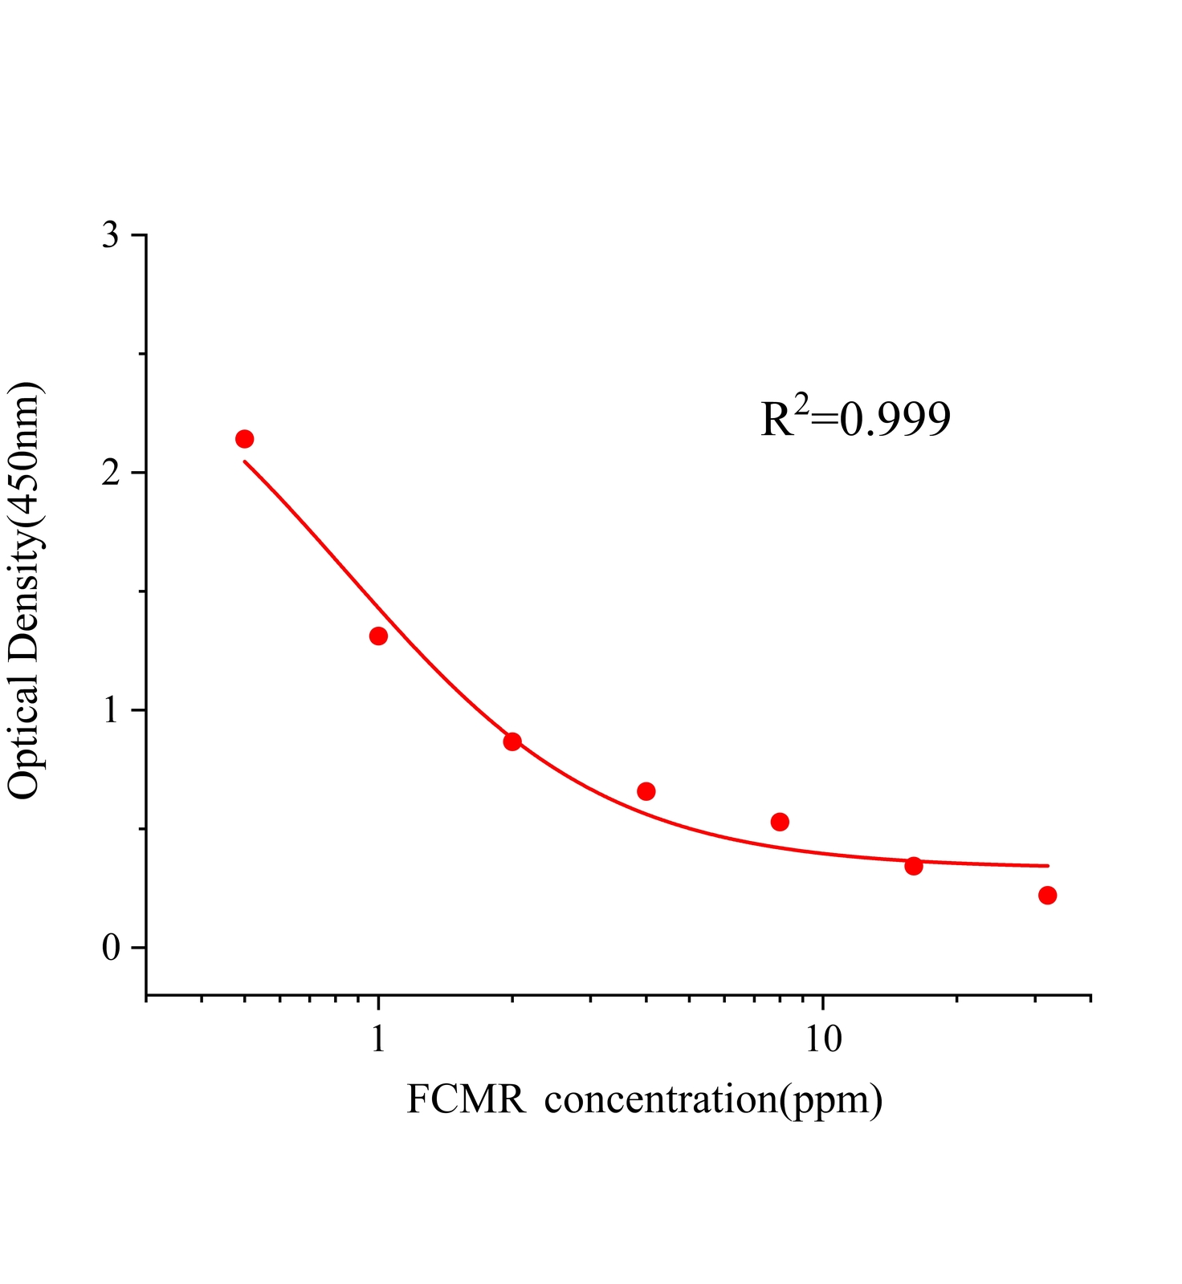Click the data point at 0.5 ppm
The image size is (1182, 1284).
245,439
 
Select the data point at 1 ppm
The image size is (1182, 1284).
378,636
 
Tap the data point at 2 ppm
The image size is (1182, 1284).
512,742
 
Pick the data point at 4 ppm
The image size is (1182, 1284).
646,792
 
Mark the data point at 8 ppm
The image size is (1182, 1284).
780,822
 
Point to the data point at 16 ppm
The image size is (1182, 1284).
914,866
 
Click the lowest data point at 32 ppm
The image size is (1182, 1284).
1047,896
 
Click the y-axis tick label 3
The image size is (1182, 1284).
111,236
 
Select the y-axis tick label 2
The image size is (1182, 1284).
111,473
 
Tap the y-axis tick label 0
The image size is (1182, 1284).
111,949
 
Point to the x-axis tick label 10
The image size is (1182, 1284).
822,1040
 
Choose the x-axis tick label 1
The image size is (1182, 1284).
378,1040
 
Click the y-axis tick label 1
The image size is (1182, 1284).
111,711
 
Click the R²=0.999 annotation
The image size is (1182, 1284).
855,419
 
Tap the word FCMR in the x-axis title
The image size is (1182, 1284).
466,1099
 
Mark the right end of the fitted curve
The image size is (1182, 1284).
1048,866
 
